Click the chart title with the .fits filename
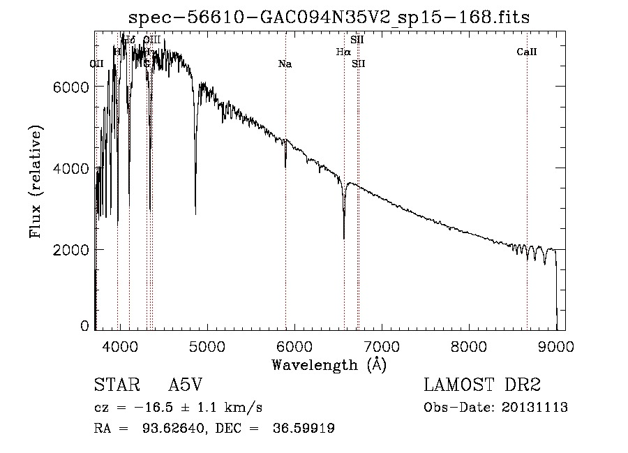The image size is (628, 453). (x=330, y=17)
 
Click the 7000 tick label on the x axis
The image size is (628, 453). (x=381, y=345)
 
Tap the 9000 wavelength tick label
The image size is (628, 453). (x=556, y=345)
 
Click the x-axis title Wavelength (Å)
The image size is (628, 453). (x=329, y=364)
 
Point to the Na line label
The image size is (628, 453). (x=285, y=64)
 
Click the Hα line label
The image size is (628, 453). (x=343, y=52)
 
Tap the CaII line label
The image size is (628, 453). (x=527, y=52)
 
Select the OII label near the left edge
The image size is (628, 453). (x=97, y=64)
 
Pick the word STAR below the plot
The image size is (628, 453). (x=114, y=386)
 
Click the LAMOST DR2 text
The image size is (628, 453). (x=482, y=386)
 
